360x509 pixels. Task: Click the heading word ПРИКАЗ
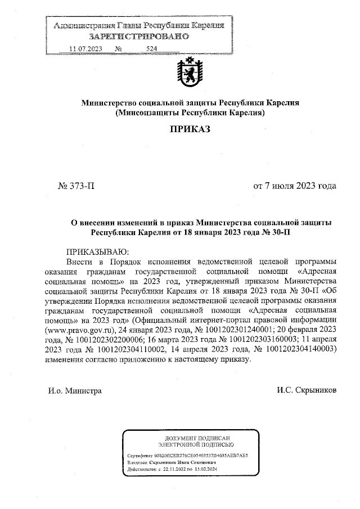pos(190,130)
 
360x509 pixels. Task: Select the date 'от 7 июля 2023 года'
pos(295,186)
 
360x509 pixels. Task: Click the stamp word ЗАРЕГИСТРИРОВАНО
pos(138,37)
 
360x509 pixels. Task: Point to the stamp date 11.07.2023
pos(85,49)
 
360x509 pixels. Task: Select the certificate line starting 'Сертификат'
pos(188,453)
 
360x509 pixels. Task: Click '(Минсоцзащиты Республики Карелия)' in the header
pos(190,112)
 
